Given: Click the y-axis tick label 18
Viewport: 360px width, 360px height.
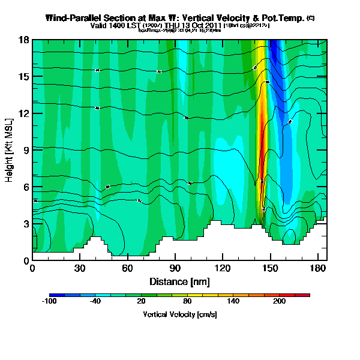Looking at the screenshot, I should [x=24, y=40].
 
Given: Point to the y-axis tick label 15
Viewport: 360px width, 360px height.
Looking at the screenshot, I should [x=24, y=76].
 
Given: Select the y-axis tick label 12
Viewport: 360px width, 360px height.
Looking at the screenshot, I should [x=24, y=113].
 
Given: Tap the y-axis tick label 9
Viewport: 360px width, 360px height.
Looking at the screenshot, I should [x=26, y=150].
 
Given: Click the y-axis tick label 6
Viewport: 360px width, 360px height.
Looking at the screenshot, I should [x=26, y=187].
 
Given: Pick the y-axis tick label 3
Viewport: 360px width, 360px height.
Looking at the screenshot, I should [x=26, y=223].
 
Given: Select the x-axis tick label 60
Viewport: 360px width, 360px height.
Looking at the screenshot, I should [x=127, y=268].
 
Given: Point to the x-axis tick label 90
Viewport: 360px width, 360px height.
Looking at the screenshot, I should [x=175, y=268].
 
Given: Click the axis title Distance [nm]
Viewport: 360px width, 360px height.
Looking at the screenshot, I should [x=179, y=281].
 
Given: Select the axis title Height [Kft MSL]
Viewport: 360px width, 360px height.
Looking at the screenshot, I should [x=10, y=149].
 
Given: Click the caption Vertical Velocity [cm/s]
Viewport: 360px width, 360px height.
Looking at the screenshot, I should [x=179, y=314].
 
